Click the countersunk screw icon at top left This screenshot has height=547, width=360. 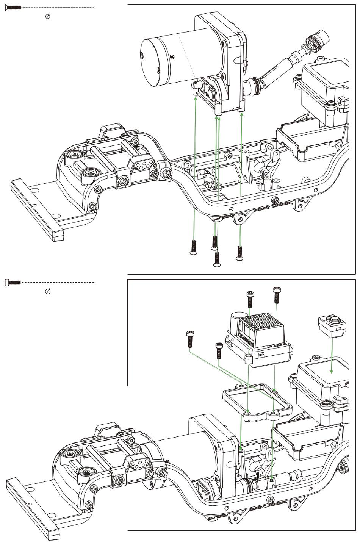[x=13, y=8]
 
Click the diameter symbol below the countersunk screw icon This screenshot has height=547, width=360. [x=48, y=16]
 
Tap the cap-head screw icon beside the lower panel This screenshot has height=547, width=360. [x=13, y=283]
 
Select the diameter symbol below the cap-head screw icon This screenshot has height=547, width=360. [x=48, y=291]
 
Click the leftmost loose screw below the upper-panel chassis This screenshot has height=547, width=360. [x=193, y=247]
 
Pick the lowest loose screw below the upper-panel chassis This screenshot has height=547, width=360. [x=216, y=259]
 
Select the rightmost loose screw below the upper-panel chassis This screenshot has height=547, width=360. [x=239, y=253]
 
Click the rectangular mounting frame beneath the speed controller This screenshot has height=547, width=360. [x=257, y=402]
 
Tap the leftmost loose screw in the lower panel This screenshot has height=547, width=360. [x=189, y=339]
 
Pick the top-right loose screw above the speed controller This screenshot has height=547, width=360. [x=276, y=295]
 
